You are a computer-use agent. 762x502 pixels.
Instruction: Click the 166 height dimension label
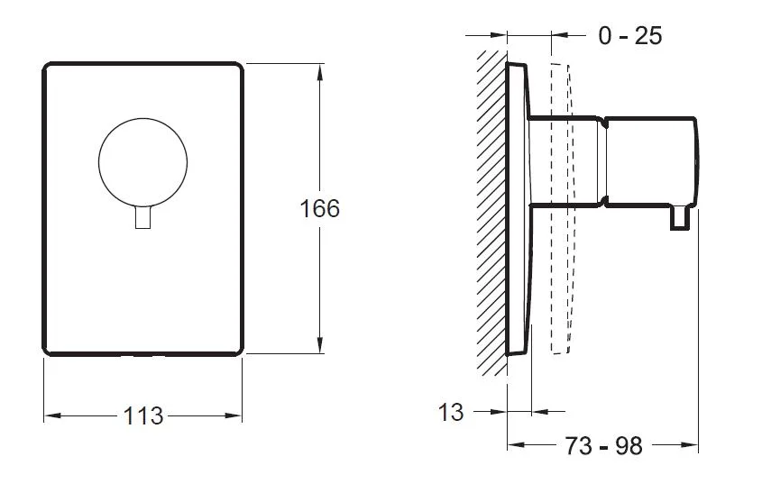click(x=320, y=209)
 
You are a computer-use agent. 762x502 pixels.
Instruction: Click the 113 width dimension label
click(x=142, y=416)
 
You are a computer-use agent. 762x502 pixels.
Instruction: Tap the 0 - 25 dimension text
click(x=630, y=36)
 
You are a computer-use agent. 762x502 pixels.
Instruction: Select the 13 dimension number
click(x=451, y=413)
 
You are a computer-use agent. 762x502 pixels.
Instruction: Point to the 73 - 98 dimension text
click(x=603, y=446)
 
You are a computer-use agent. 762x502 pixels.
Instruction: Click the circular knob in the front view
click(x=142, y=162)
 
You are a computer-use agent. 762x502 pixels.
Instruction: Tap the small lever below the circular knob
click(x=142, y=217)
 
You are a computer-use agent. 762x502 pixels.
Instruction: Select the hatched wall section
click(x=491, y=213)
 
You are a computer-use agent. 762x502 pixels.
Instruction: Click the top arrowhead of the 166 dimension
click(x=319, y=72)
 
